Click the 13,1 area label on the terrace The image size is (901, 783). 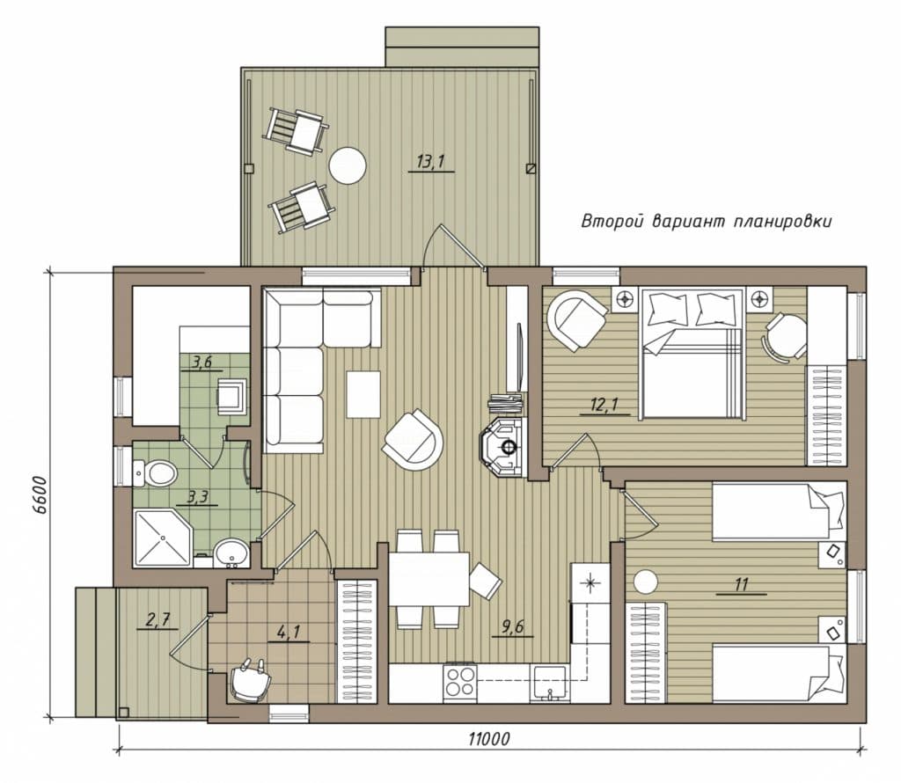(x=430, y=162)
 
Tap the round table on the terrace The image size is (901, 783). (x=347, y=166)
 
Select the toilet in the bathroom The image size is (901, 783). (x=155, y=472)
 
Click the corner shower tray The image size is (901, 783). (x=163, y=538)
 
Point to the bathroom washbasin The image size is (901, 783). (x=231, y=553)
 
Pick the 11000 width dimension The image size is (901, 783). (x=489, y=738)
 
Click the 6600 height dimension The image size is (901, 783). (x=39, y=497)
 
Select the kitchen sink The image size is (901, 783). (x=550, y=683)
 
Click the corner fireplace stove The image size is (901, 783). (x=503, y=446)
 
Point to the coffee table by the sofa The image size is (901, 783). (x=363, y=395)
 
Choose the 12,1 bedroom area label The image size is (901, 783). (x=604, y=406)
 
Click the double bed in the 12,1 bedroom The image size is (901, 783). (x=692, y=354)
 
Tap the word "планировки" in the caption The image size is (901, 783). (x=782, y=222)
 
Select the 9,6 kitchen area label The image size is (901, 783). (x=513, y=626)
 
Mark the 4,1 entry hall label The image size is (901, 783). (x=288, y=632)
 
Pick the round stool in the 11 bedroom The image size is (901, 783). (x=645, y=582)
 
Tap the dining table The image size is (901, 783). (x=429, y=579)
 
